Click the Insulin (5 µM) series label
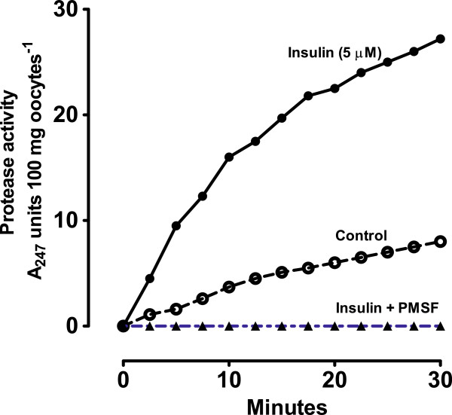coord(348,54)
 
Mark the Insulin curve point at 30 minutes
coord(441,38)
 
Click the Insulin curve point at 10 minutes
coord(229,157)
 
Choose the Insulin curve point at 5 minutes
coord(176,226)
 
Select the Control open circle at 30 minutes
coord(441,242)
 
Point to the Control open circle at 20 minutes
coord(334,262)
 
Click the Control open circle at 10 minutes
coord(229,287)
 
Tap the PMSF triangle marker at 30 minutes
coord(441,326)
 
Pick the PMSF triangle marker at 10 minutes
coord(229,326)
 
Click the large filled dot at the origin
coord(123,326)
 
